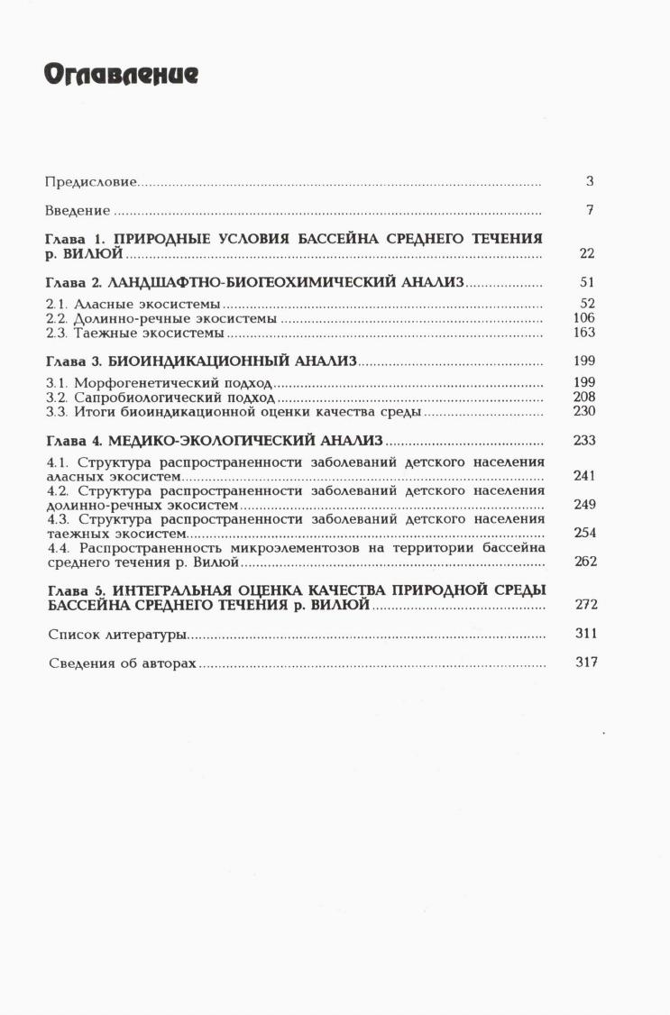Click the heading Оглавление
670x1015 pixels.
click(121, 76)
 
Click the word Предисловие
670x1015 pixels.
click(90, 182)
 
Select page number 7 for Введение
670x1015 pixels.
click(589, 210)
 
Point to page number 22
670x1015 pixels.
click(587, 254)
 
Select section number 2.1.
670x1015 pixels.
click(56, 305)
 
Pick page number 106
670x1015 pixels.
click(584, 318)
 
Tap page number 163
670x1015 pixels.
click(584, 333)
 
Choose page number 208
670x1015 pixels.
click(584, 397)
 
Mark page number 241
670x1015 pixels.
click(584, 475)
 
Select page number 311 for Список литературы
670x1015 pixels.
click(586, 634)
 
